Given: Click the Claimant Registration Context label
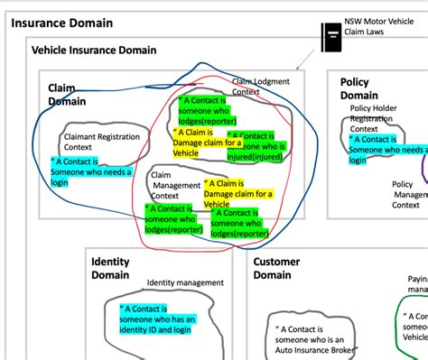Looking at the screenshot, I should pos(97,143).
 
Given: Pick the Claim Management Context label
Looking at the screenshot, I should pos(172,185).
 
